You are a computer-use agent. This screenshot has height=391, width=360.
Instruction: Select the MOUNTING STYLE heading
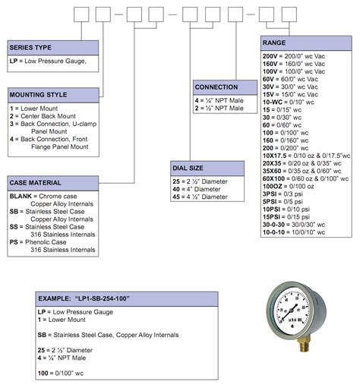click(38, 95)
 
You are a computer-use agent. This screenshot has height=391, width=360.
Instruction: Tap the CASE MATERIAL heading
click(35, 182)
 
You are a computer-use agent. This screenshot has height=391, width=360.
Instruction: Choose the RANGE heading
click(274, 43)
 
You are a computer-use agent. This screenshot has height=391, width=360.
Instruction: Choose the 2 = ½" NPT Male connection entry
click(219, 109)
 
